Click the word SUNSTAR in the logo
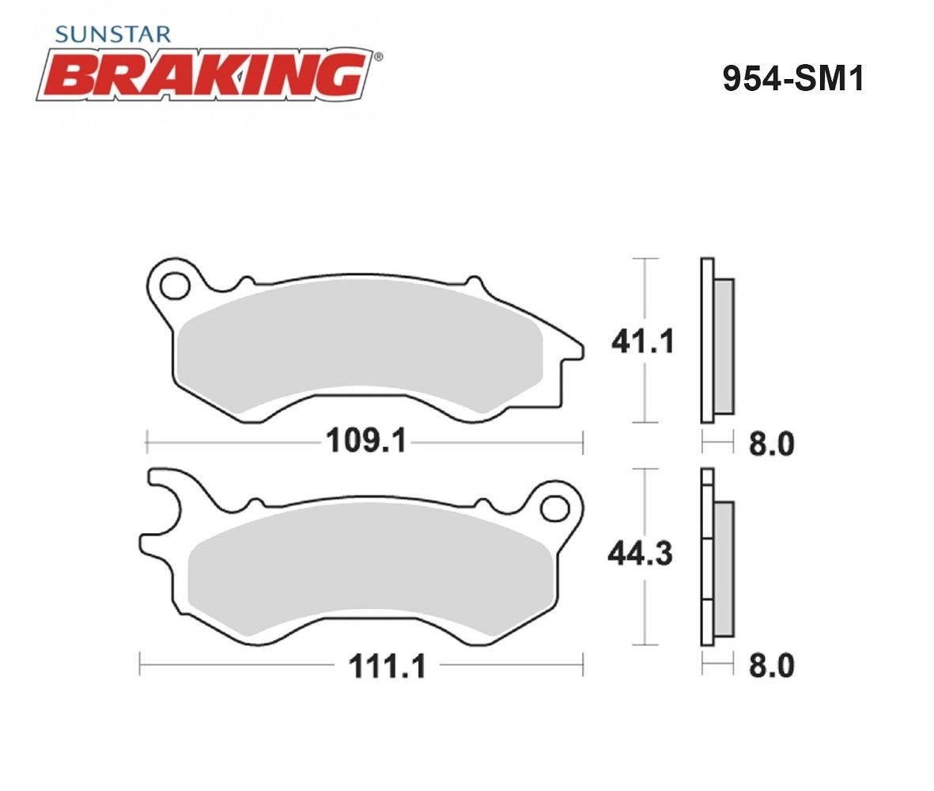[x=112, y=34]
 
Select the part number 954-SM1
[x=792, y=78]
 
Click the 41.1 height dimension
[x=642, y=341]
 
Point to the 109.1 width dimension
[x=365, y=441]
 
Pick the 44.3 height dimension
[x=641, y=554]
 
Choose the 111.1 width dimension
[x=388, y=666]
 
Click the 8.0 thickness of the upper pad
[x=771, y=445]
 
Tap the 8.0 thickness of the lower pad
[x=771, y=665]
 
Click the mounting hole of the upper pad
[x=175, y=286]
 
